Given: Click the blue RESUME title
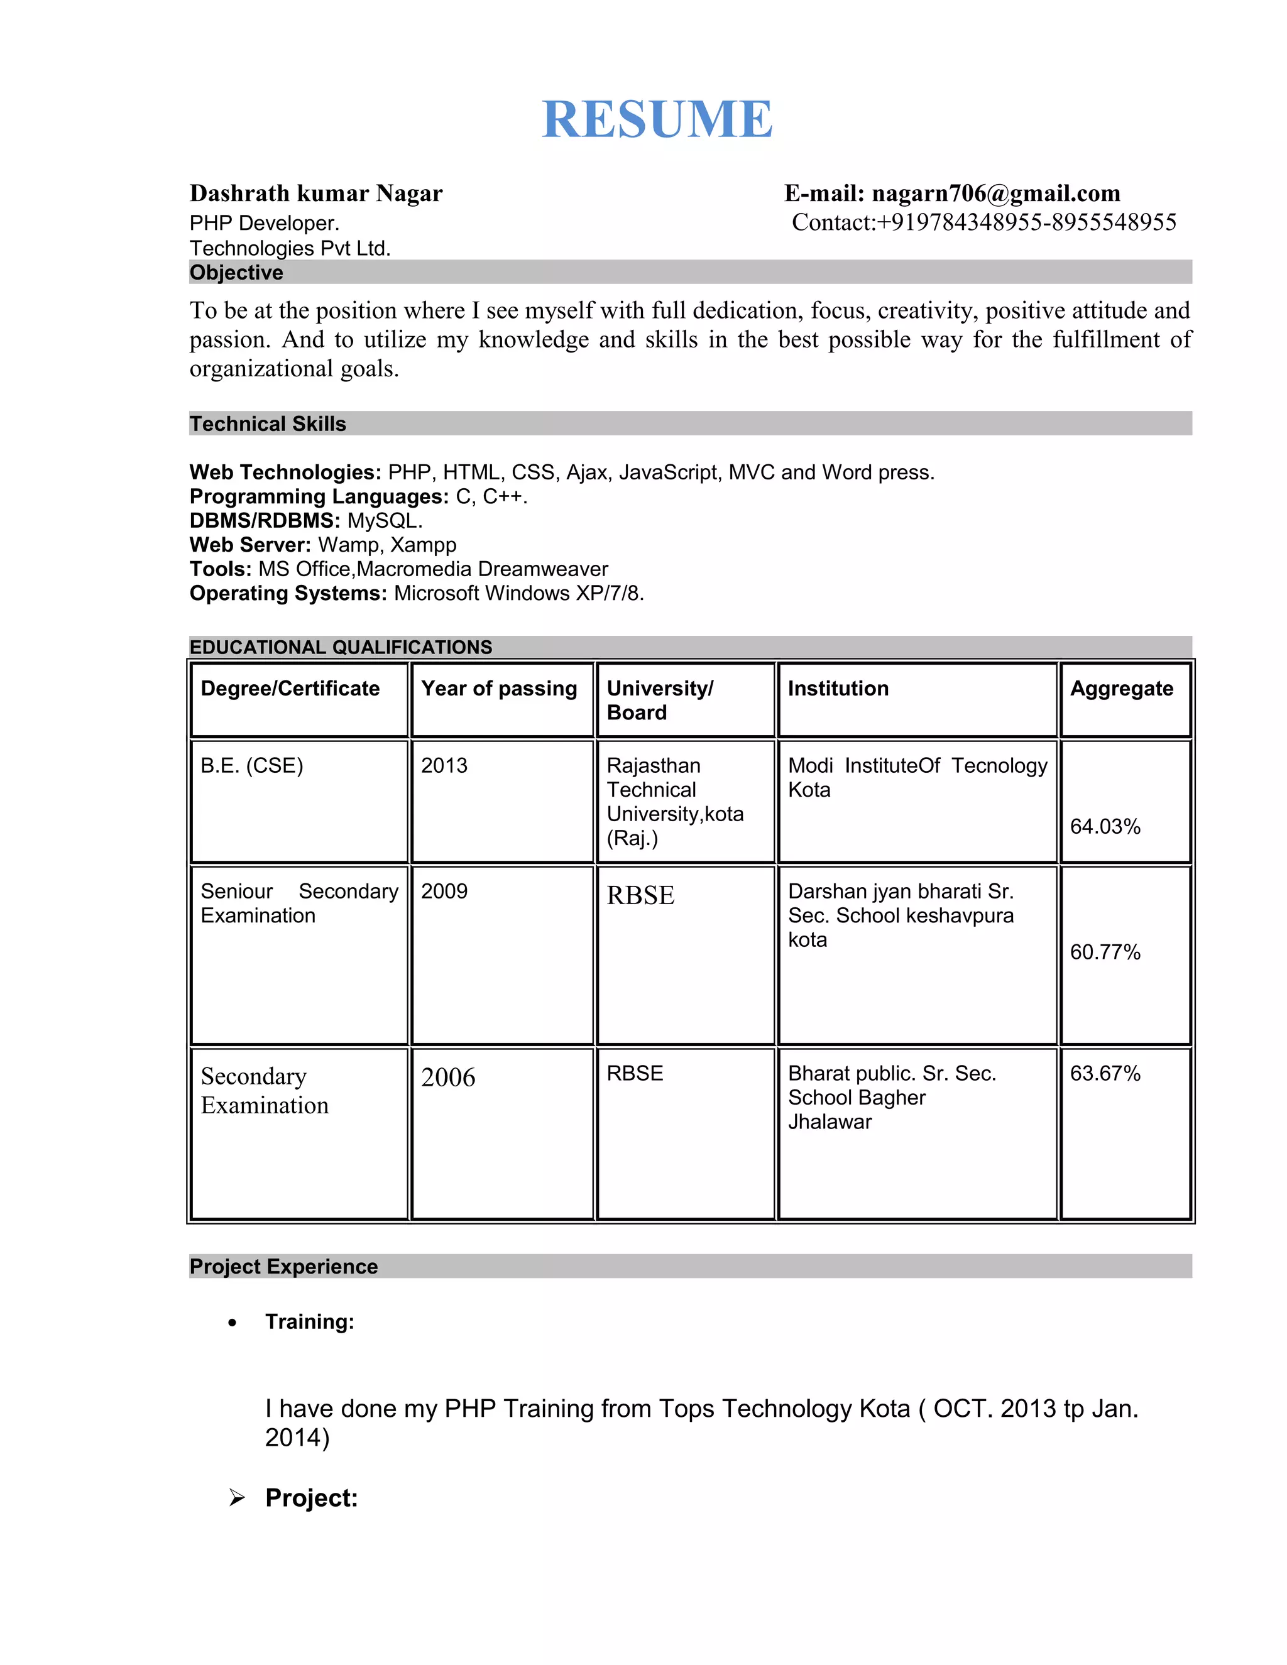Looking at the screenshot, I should (657, 119).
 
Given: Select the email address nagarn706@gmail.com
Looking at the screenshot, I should (996, 194).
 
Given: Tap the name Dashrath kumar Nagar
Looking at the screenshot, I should (315, 194).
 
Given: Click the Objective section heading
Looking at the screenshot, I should (236, 272).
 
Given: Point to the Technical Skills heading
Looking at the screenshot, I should (268, 424).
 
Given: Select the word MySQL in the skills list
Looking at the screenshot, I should (383, 521).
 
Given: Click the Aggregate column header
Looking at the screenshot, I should (1121, 689).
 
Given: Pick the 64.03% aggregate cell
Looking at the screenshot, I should (1105, 826).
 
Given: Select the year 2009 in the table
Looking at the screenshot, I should (444, 891).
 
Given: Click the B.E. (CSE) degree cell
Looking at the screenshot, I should (251, 765).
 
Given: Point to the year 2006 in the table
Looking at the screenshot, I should (447, 1077).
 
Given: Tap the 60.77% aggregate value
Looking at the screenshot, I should (1105, 952).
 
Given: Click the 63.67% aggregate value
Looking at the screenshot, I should (1105, 1073).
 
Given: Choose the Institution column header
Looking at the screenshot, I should (838, 689).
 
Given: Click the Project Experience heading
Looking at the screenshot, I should (283, 1266).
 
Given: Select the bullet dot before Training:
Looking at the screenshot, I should (232, 1323).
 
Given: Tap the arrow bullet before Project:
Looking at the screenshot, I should (237, 1498).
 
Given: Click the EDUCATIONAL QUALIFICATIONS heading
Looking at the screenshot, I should (341, 647).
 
